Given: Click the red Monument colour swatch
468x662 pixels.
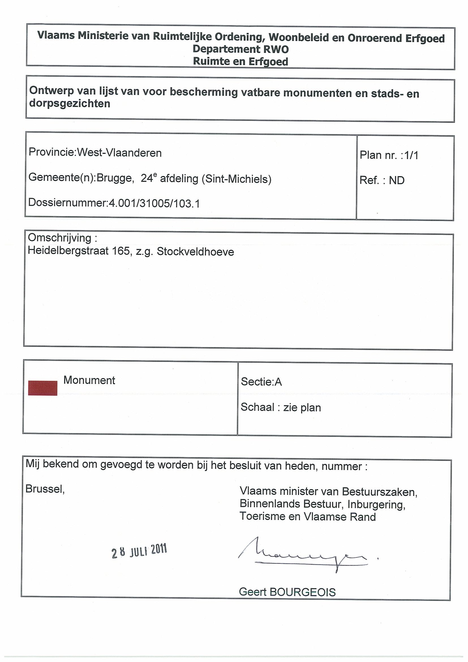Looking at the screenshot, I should pos(42,388).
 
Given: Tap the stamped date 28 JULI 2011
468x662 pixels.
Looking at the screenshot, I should pos(139,551).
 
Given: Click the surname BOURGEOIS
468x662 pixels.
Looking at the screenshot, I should pos(302,592).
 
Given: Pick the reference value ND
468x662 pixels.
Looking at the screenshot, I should pos(397,180).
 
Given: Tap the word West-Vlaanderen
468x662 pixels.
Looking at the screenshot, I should pos(119,153).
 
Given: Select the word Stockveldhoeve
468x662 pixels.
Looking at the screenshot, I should pos(195,252).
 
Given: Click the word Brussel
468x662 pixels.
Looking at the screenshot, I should pos(45,489).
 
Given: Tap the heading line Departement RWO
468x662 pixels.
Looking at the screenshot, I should pos(241,49).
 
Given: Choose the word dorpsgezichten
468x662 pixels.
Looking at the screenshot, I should pos(70,104).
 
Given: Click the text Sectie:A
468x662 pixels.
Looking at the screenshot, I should pos(261,382).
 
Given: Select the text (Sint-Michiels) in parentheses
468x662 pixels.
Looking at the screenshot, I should pos(237,179).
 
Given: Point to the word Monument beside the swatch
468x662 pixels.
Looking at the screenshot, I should pos(89,380).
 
